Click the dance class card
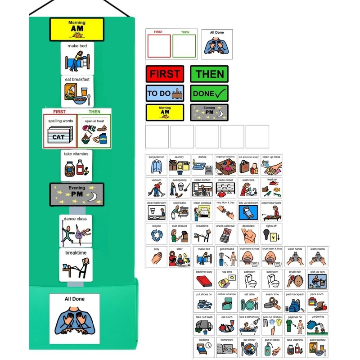click(x=76, y=230)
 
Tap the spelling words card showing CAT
click(x=60, y=130)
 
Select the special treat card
click(x=94, y=130)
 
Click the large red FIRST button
click(x=164, y=74)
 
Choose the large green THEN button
click(x=209, y=74)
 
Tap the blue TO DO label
click(x=164, y=93)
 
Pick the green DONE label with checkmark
click(x=209, y=93)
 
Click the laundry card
click(x=179, y=165)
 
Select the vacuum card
click(x=156, y=188)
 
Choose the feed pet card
click(x=272, y=188)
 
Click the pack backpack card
click(x=295, y=302)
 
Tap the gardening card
click(x=318, y=325)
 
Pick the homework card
click(x=227, y=348)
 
